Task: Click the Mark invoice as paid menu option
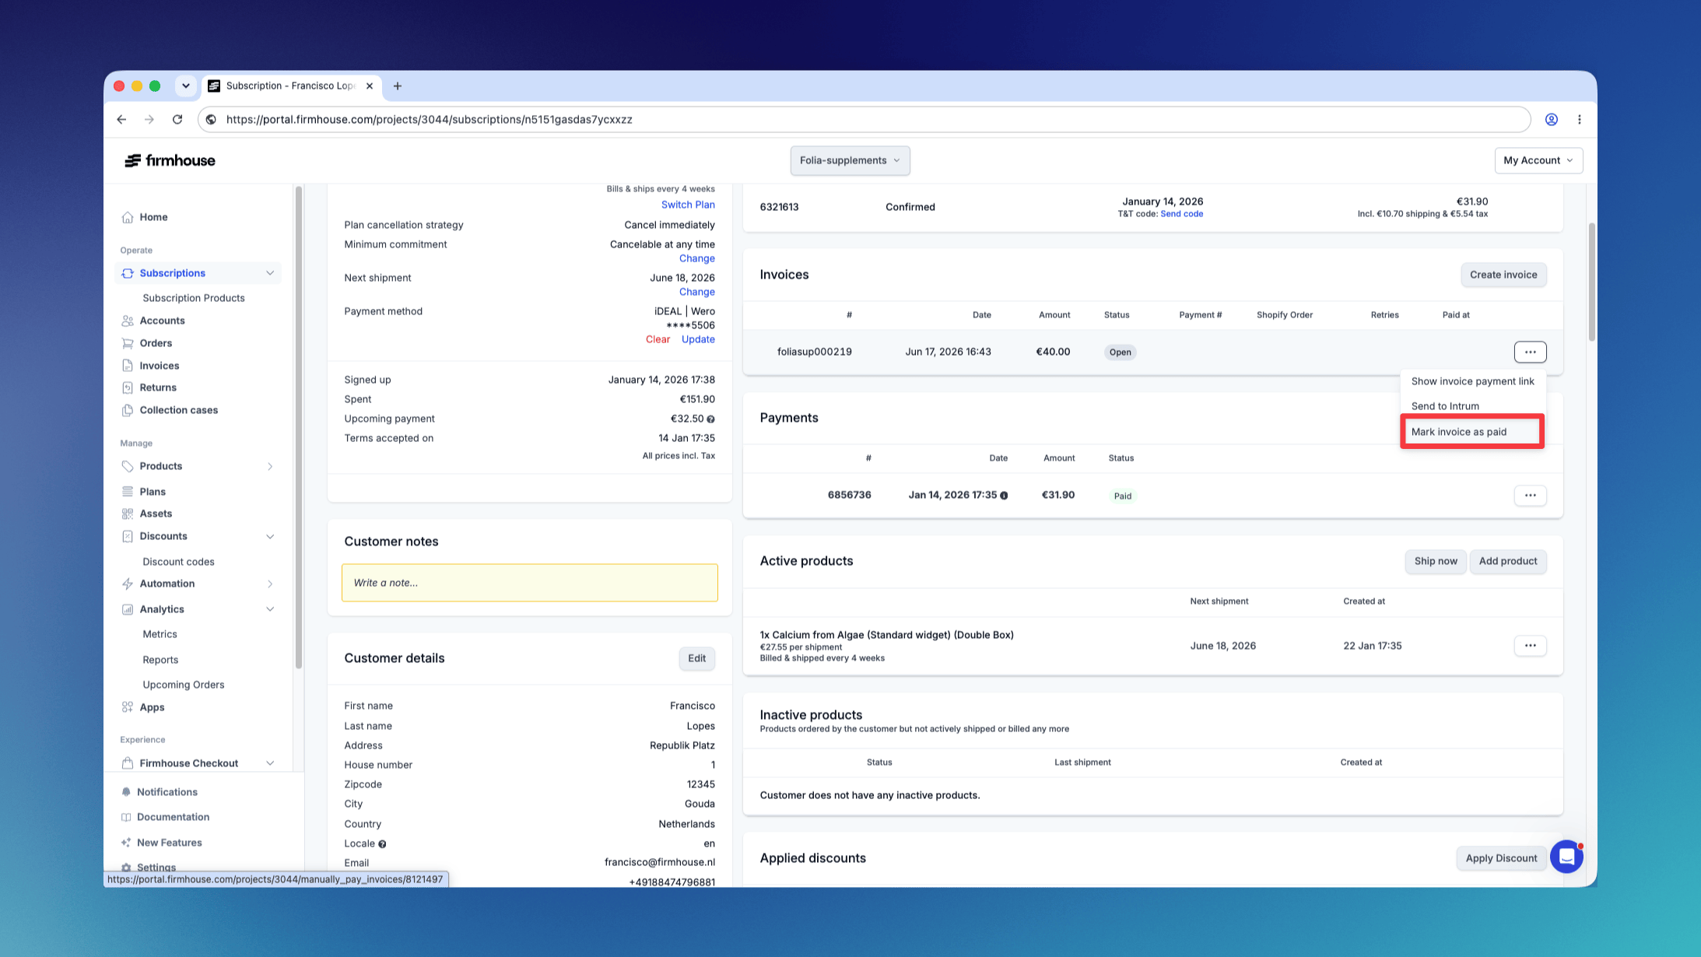click(x=1458, y=432)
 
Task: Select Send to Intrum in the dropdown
click(x=1445, y=406)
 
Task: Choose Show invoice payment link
click(x=1472, y=381)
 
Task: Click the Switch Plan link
click(x=688, y=205)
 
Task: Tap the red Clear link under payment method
click(x=658, y=339)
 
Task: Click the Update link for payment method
click(x=698, y=339)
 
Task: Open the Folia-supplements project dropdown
click(x=850, y=160)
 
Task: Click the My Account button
click(x=1538, y=160)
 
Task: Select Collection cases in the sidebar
click(x=178, y=410)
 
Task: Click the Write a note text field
click(x=529, y=583)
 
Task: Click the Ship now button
click(x=1436, y=561)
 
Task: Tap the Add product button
click(x=1507, y=561)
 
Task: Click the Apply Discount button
click(x=1501, y=858)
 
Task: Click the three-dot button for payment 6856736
click(x=1530, y=496)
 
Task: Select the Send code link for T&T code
click(x=1181, y=214)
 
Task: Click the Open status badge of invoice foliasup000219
click(x=1120, y=352)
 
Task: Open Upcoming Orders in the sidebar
click(x=183, y=685)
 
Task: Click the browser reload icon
click(x=177, y=119)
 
